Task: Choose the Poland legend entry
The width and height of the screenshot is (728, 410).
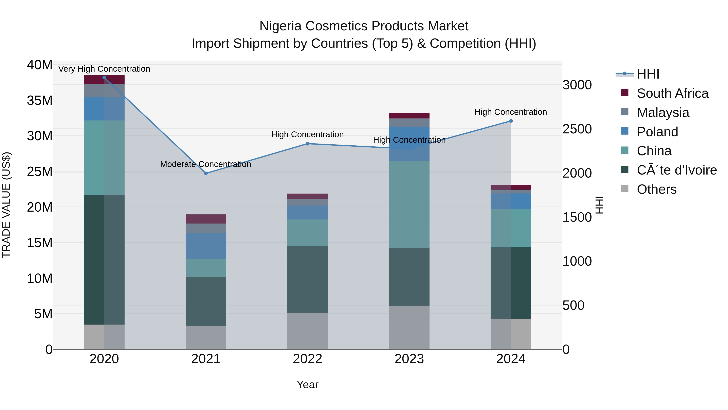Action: point(657,132)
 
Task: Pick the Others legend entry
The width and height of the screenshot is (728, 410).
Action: point(656,189)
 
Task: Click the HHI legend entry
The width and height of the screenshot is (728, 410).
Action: point(648,74)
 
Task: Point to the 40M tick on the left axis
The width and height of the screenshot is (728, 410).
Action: point(40,65)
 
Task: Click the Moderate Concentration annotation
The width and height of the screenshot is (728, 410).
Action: point(205,164)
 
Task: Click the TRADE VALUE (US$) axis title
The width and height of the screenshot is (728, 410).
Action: point(6,205)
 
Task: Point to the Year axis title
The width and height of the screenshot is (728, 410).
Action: point(307,384)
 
